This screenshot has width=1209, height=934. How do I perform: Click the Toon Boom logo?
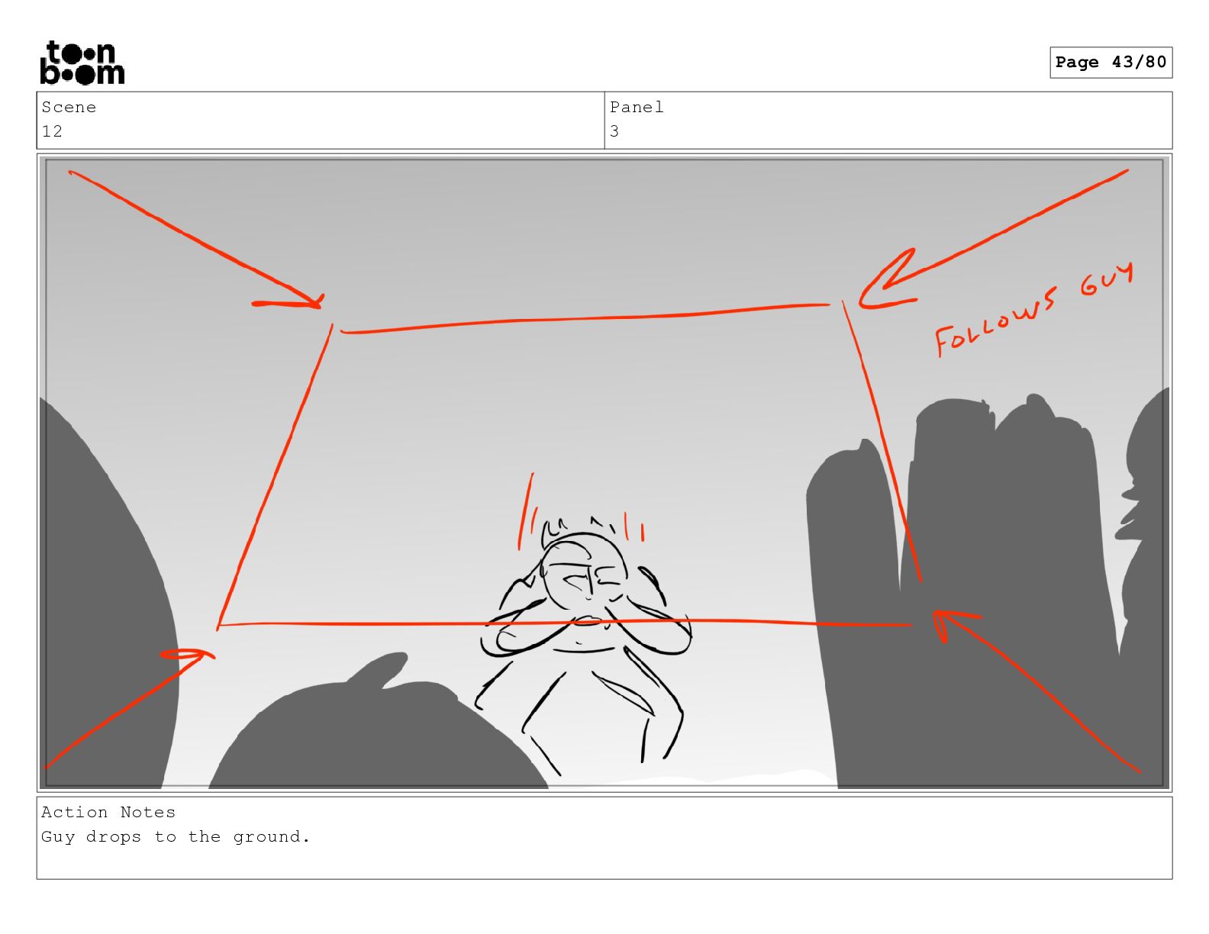[x=82, y=63]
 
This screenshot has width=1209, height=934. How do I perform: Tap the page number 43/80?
[x=1138, y=62]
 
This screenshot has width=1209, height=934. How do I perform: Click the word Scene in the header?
[x=69, y=107]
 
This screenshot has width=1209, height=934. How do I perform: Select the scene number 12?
[x=52, y=131]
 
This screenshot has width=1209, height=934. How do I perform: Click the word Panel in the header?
[x=636, y=107]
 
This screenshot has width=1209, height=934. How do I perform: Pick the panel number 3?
[x=614, y=131]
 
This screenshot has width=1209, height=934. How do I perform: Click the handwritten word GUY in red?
[x=1106, y=280]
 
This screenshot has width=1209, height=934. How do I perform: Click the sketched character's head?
[x=584, y=568]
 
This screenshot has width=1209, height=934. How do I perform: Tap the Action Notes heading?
[x=108, y=812]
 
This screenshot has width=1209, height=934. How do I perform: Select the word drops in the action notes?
[x=114, y=836]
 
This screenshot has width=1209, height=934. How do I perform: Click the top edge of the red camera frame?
[x=585, y=318]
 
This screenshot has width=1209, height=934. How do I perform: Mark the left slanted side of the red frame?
[x=274, y=477]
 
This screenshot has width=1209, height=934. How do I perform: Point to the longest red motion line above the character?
[x=526, y=511]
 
